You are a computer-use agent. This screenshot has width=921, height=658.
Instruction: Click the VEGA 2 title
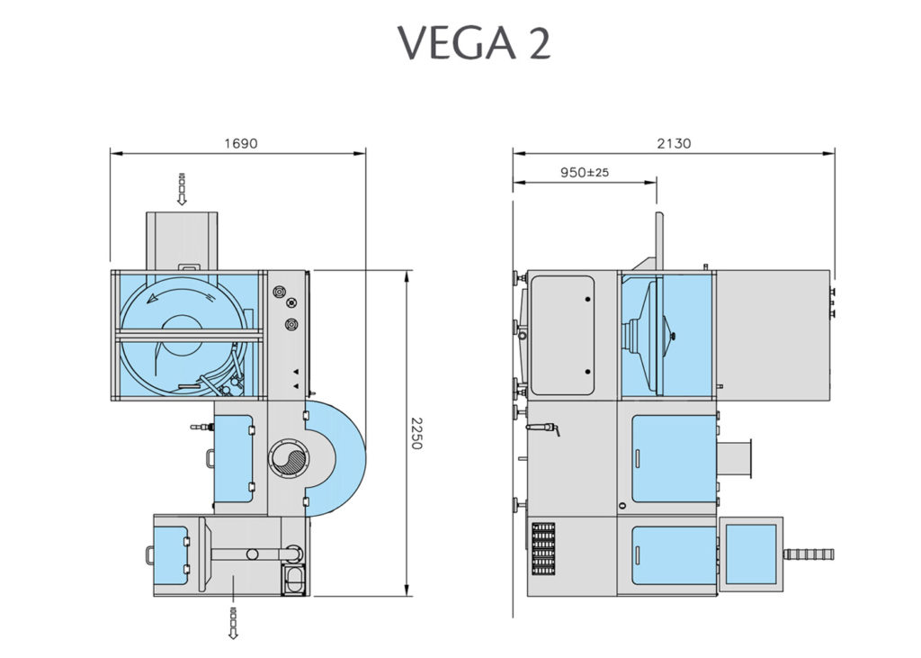(x=474, y=43)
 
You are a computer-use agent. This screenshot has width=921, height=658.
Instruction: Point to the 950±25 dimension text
(x=585, y=172)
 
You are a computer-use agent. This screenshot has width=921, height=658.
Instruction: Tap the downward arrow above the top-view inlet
(x=182, y=188)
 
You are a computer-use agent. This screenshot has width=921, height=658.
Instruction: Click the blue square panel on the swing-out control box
(x=750, y=553)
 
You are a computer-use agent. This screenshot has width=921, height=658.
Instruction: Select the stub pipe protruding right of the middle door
(x=735, y=457)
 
